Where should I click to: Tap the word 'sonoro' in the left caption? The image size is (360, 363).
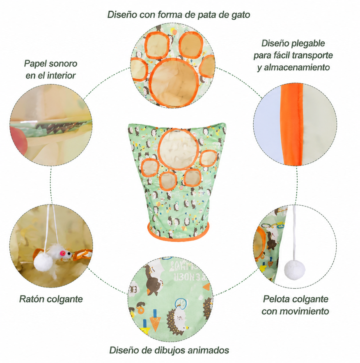pos(62,63)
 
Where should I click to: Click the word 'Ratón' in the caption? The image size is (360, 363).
pos(32,299)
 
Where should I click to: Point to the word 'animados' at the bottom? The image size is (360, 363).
pos(208,350)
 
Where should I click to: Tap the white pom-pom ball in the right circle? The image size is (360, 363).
pos(294,270)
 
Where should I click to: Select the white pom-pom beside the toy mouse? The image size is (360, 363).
pos(43,262)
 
